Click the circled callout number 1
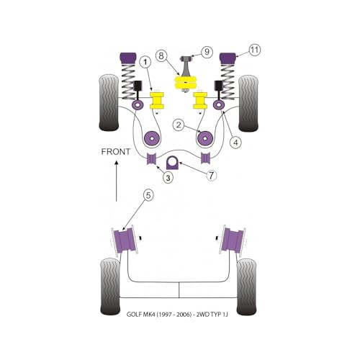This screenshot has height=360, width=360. tap(145, 63)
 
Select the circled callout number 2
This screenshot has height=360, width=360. tap(179, 125)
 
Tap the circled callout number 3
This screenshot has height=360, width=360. tap(168, 178)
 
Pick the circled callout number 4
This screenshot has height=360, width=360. tap(236, 143)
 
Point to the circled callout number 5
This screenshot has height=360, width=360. tap(148, 195)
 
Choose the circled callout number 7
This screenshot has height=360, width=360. tap(211, 176)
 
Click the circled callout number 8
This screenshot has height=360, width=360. tap(161, 56)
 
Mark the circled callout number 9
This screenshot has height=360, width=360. tap(207, 52)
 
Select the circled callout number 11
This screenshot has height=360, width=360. tap(255, 50)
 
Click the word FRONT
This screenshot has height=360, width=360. tap(116, 152)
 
